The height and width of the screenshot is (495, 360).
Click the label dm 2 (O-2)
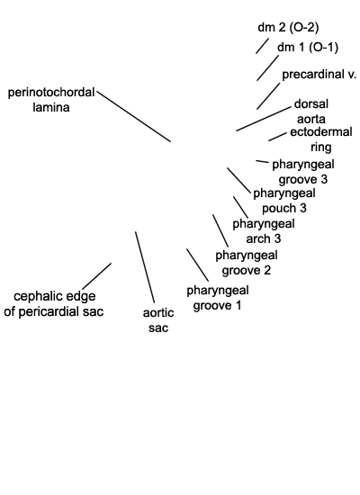pos(288,28)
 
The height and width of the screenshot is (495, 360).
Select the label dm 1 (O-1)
pos(308,47)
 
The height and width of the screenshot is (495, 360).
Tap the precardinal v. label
pos(319,75)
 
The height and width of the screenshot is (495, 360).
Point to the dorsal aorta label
pos(311,111)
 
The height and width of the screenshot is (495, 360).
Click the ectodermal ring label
pos(320,139)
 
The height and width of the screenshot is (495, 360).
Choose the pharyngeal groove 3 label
pos(303,172)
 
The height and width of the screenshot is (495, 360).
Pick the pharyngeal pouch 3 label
pos(284,201)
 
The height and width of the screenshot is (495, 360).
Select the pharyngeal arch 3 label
pos(264,231)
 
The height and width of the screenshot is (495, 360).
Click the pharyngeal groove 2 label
pos(247,263)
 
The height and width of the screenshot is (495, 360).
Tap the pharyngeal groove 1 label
pos(218,298)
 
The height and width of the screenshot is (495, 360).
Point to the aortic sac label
pos(158,319)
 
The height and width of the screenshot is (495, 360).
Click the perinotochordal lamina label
pos(51,100)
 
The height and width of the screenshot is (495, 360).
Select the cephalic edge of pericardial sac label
pos(54,303)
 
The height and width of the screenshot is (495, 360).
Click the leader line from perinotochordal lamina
pos(134,116)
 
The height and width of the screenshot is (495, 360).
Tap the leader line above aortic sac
pos(145,267)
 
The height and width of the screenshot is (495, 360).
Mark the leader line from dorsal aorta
pos(264,119)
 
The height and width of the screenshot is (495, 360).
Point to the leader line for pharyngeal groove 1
pos(197,265)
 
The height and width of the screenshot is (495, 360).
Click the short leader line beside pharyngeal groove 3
pos(262,162)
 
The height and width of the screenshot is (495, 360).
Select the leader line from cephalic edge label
pos(96,275)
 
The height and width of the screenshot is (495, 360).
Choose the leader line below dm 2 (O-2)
pos(262,46)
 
